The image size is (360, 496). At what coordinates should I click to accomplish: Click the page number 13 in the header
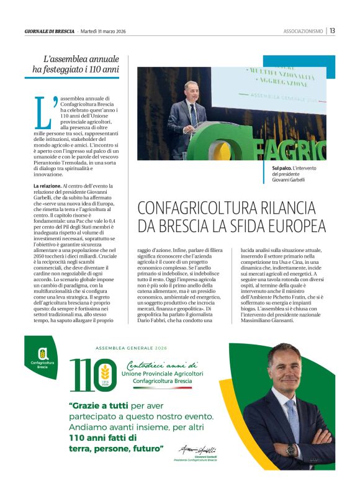333,30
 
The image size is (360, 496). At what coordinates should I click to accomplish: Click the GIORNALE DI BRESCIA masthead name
49,31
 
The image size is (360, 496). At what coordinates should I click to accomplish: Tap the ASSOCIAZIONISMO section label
303,31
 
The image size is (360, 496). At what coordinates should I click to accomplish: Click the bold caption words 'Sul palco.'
282,169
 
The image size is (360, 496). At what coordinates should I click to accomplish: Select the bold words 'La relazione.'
47,186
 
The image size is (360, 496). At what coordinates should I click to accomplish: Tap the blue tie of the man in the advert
292,410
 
